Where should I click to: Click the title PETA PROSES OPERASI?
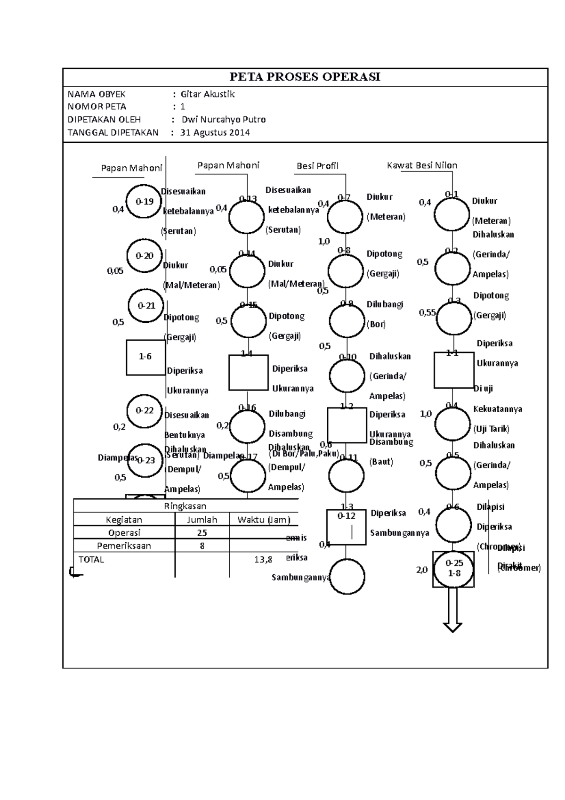click(x=305, y=77)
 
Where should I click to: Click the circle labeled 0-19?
click(x=145, y=202)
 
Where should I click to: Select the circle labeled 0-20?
click(x=145, y=256)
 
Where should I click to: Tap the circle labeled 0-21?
click(x=146, y=306)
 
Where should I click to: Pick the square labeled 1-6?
click(x=145, y=357)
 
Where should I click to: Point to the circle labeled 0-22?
click(x=145, y=410)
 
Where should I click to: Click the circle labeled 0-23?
click(x=145, y=460)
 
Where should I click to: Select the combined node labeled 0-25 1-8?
click(x=453, y=569)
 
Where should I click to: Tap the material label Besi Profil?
click(x=317, y=166)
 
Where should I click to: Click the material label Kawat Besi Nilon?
click(x=422, y=165)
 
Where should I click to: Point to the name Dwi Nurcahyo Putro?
click(x=224, y=120)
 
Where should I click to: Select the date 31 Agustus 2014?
click(x=215, y=132)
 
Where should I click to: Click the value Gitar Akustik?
click(x=208, y=94)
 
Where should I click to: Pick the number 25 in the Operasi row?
click(x=202, y=533)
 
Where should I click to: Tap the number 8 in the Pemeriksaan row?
click(x=202, y=546)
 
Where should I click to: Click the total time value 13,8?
click(x=263, y=560)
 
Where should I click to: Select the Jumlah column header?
click(x=202, y=520)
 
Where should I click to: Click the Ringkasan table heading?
click(x=185, y=506)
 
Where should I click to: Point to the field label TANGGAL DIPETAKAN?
click(x=113, y=132)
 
